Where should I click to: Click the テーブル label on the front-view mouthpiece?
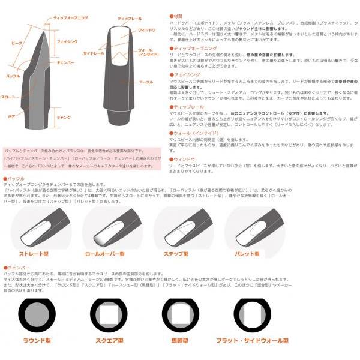pyautogui.click(x=146, y=82)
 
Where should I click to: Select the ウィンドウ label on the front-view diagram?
pyautogui.click(x=146, y=29)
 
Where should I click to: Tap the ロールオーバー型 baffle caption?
pyautogui.click(x=113, y=254)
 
